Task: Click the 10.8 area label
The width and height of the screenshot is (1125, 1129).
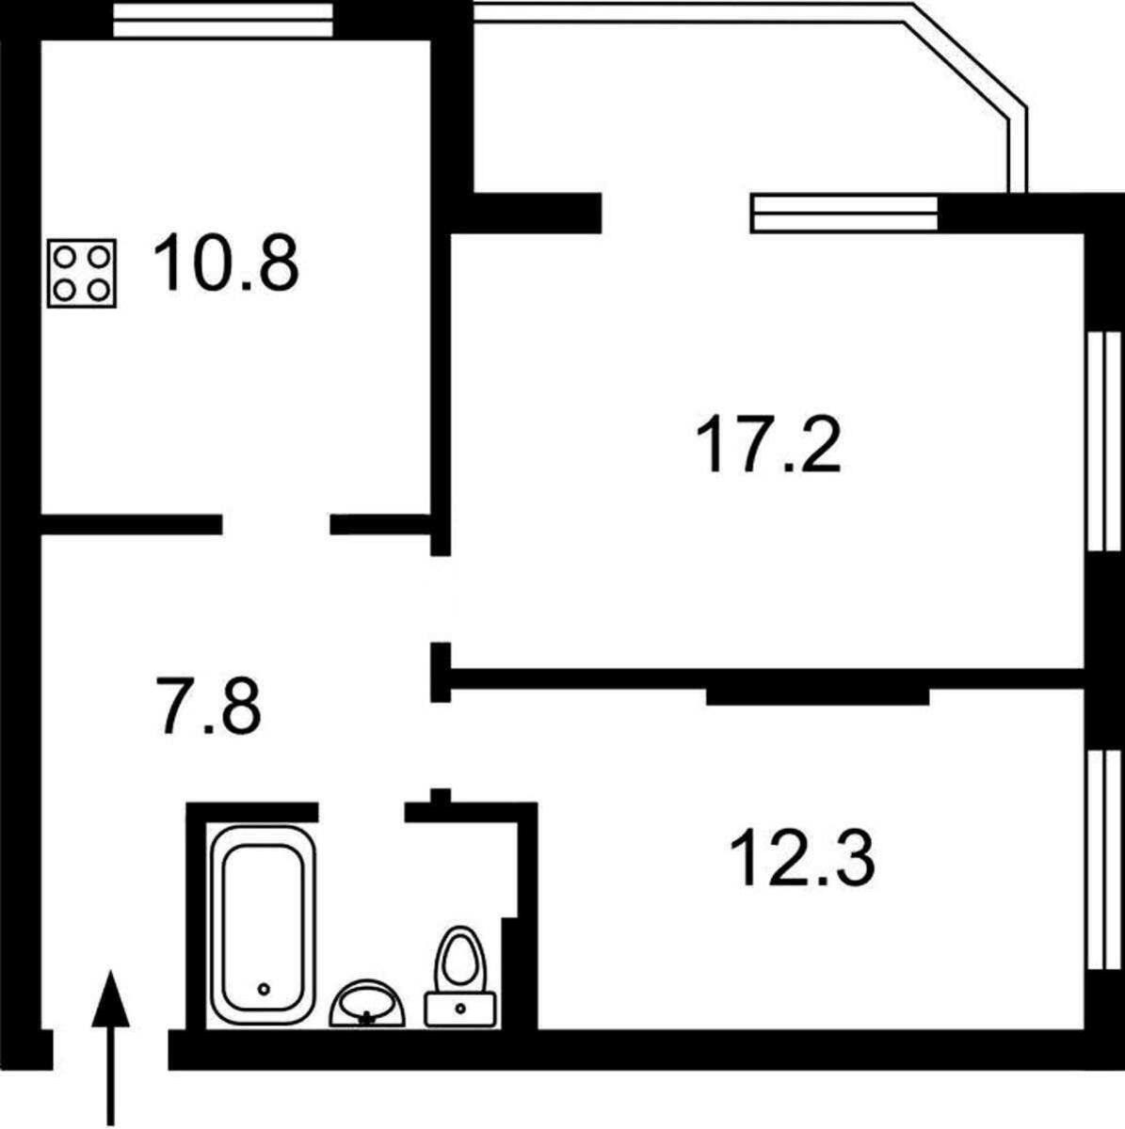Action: (225, 262)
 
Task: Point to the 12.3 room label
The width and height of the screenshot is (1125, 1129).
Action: (802, 858)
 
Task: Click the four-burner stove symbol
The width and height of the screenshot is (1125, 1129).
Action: (82, 273)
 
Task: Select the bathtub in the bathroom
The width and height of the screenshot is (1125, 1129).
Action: (263, 924)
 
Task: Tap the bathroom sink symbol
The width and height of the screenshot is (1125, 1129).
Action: (367, 1004)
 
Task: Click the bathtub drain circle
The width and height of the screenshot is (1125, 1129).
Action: (265, 989)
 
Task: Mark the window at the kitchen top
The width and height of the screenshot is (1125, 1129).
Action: (223, 22)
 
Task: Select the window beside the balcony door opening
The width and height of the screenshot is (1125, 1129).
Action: (844, 213)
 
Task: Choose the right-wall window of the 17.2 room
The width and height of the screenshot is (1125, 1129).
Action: (1101, 439)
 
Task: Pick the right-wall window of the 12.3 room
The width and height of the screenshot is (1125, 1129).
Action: (1101, 858)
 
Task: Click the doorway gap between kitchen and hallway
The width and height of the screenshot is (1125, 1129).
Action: (276, 524)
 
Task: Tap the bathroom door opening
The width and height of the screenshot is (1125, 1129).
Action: (362, 811)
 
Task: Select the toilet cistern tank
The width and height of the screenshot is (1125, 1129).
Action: (460, 1009)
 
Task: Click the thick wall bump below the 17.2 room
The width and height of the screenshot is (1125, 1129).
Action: (817, 696)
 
